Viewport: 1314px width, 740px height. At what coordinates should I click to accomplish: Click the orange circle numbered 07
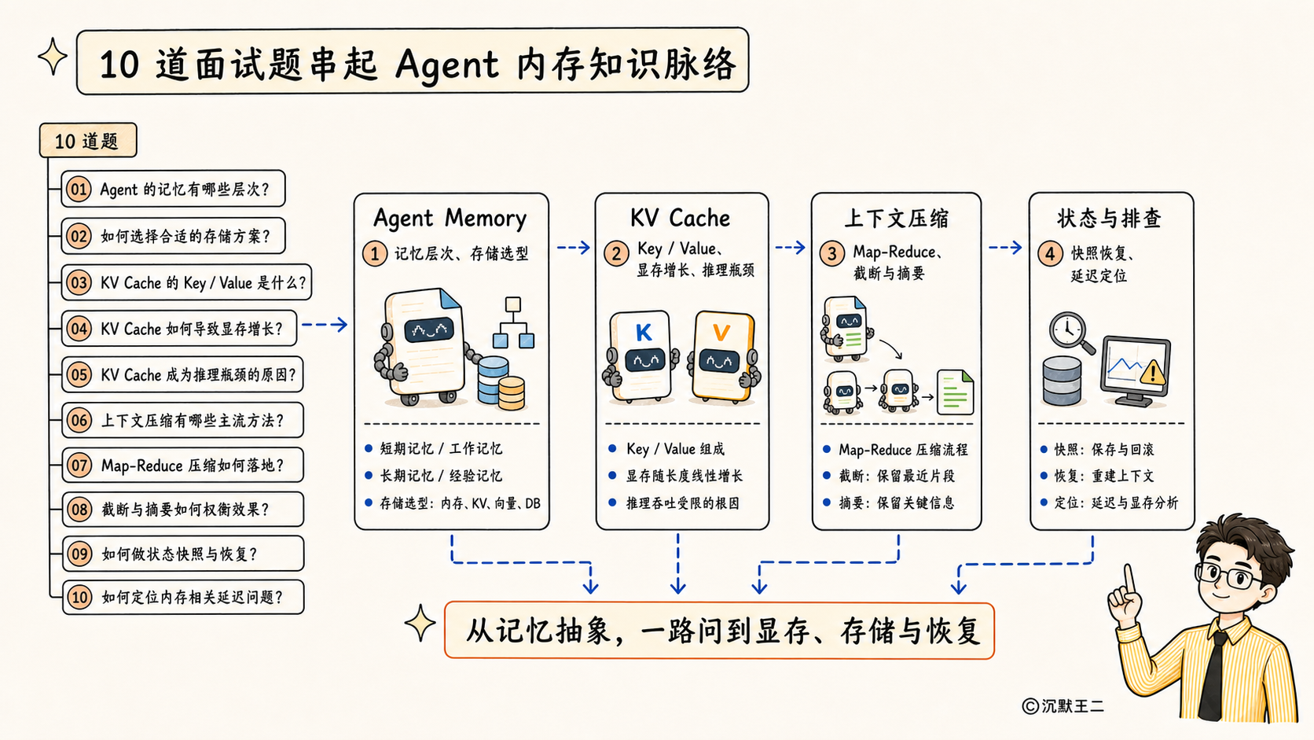[79, 466]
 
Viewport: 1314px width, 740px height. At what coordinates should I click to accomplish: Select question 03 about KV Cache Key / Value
[186, 282]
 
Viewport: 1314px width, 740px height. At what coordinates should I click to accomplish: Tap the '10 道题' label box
[88, 140]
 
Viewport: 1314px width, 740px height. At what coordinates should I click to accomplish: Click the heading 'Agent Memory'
[450, 219]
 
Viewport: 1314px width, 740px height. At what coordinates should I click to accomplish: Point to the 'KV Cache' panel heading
[680, 219]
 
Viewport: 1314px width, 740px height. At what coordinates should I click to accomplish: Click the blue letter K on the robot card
[644, 333]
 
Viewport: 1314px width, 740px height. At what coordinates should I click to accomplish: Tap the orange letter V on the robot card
[721, 333]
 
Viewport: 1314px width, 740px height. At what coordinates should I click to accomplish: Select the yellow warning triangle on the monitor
[1153, 372]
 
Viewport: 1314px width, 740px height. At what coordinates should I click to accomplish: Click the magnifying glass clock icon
[1071, 333]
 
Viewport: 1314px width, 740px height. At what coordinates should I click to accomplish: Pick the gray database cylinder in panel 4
[1062, 381]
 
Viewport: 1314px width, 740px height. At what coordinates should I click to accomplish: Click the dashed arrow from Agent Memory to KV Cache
[573, 248]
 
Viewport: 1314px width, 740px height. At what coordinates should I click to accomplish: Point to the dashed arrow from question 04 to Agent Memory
[325, 325]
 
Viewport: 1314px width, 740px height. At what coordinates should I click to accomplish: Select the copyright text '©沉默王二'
[1063, 706]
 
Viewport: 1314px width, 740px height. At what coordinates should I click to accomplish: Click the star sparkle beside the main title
[53, 57]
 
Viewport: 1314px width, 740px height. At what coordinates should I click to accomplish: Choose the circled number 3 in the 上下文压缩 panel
[831, 254]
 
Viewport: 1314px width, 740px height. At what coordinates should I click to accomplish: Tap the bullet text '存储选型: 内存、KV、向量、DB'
[460, 503]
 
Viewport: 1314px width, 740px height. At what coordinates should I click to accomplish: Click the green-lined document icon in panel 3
[955, 392]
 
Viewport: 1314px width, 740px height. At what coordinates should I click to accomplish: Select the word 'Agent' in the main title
[447, 64]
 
